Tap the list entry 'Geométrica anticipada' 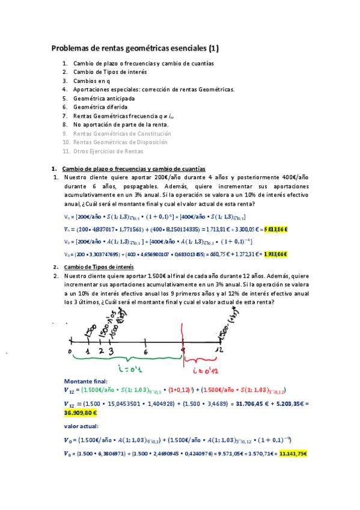(104, 98)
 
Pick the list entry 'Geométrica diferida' (100, 107)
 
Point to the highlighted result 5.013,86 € (276, 229)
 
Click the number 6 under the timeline (146, 351)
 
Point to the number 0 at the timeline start (70, 351)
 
